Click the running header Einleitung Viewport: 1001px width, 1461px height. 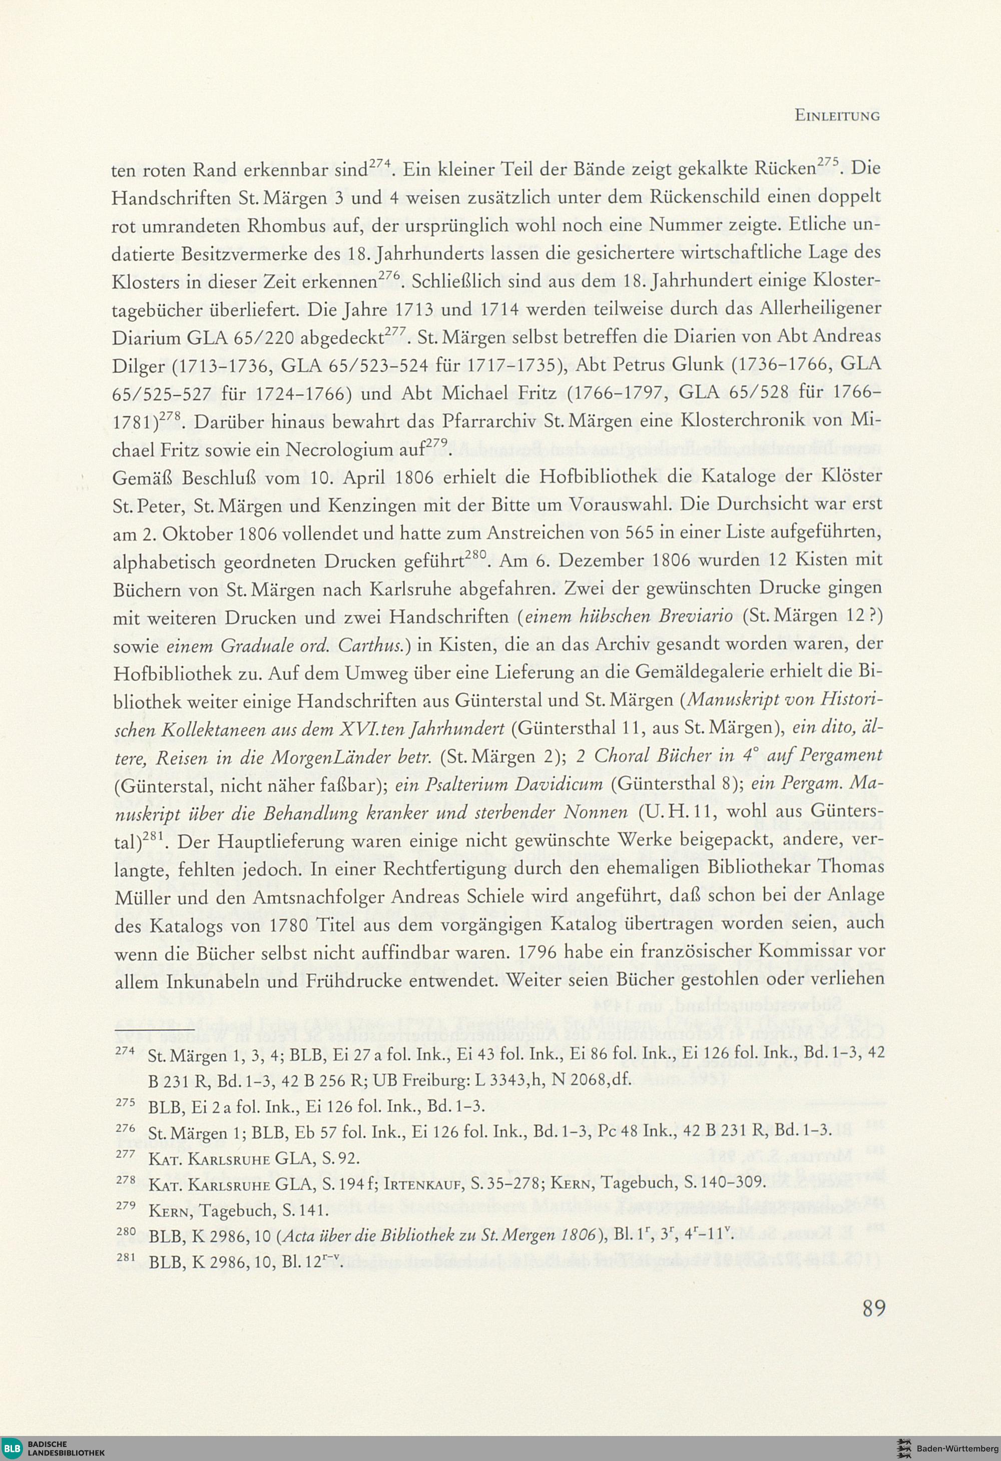point(836,116)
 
